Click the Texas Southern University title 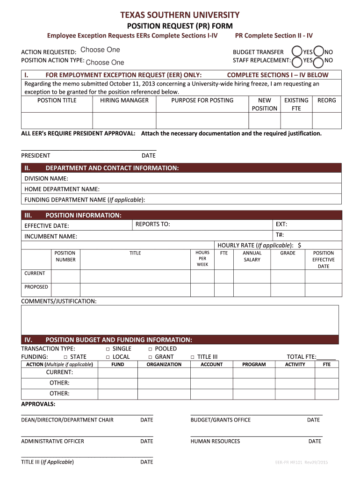180,15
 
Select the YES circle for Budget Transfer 296,51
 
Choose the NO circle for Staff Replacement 319,61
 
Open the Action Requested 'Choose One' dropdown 100,50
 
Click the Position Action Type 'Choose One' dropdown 105,62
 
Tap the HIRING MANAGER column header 124,100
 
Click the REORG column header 326,100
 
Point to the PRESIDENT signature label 36,155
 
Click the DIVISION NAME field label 46,178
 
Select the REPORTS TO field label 152,224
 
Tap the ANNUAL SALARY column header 252,256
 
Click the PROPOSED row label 36,287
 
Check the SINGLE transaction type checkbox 108,349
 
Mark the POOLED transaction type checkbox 150,349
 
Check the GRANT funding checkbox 150,357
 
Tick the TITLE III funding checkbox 193,357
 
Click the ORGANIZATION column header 164,364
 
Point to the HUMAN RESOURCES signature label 215,441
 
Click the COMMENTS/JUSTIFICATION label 59,301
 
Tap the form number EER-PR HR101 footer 302,462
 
